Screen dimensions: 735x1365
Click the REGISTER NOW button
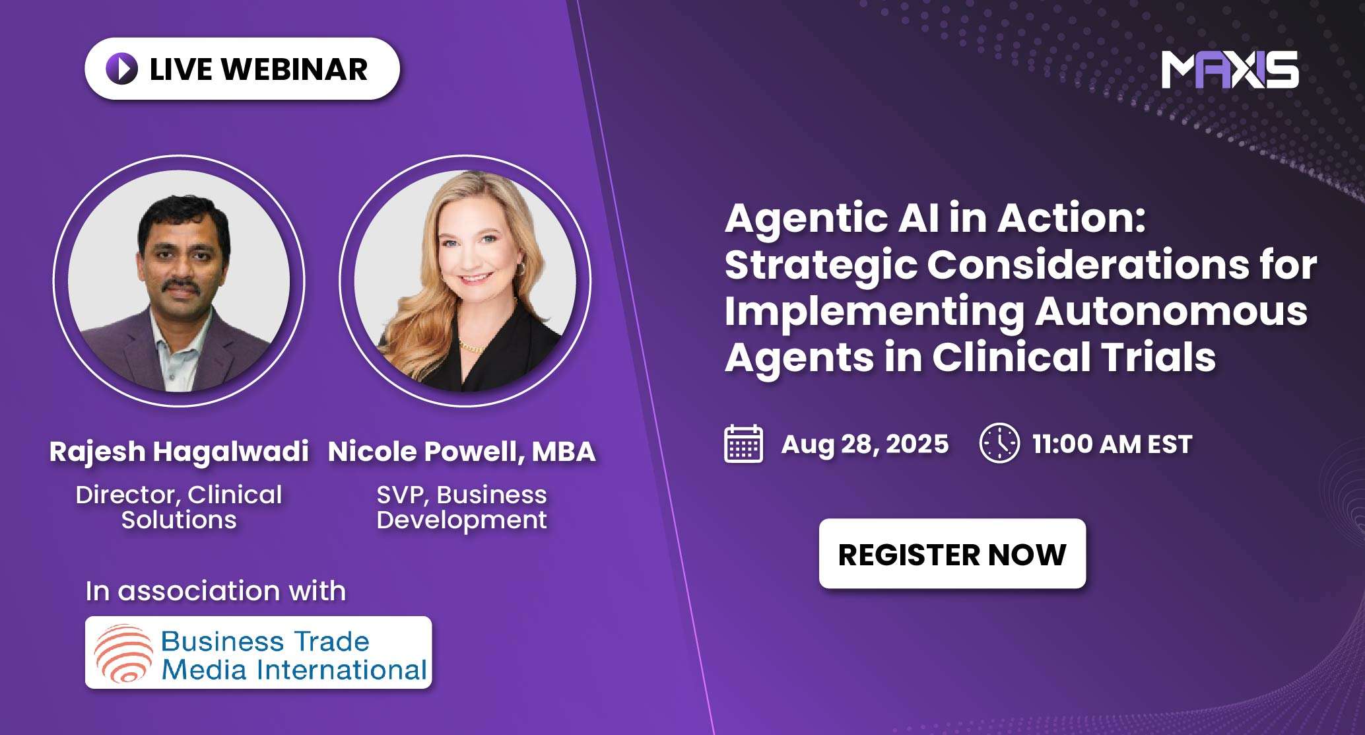click(x=952, y=554)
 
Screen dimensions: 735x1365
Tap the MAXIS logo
click(x=1230, y=69)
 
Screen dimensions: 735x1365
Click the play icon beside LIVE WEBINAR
click(x=122, y=69)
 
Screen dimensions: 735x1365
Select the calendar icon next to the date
click(x=743, y=444)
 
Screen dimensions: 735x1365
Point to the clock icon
click(x=999, y=443)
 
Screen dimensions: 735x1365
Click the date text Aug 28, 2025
click(x=865, y=444)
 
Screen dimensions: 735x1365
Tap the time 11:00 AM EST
click(x=1112, y=444)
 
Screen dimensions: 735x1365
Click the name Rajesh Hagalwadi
click(x=179, y=452)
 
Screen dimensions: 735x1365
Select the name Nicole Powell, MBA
click(x=461, y=452)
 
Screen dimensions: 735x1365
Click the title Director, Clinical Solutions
click(x=179, y=507)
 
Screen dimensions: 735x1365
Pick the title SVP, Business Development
click(x=461, y=507)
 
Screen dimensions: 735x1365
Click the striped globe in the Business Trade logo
click(x=123, y=652)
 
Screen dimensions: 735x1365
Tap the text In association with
click(x=215, y=590)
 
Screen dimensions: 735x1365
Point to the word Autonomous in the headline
click(x=1171, y=310)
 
